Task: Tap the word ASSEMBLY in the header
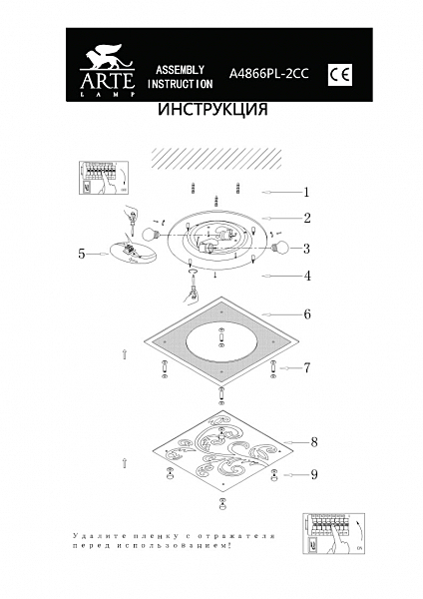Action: [x=181, y=70]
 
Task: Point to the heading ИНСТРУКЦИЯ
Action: [x=212, y=111]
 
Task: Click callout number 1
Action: [x=308, y=192]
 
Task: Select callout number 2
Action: [x=308, y=218]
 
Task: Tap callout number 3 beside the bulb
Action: [x=307, y=249]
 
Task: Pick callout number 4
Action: [x=308, y=275]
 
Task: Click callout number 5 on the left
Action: [x=82, y=254]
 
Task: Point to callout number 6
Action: [x=307, y=313]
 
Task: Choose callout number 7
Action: [x=307, y=367]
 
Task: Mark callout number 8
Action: [x=313, y=440]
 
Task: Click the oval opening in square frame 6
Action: [x=220, y=344]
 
